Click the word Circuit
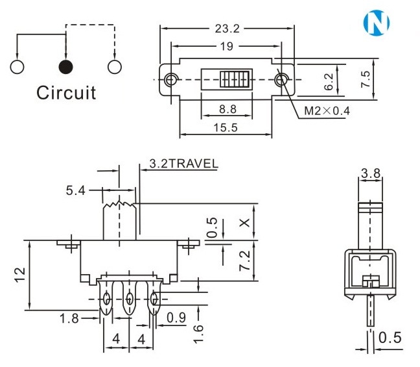click(x=66, y=92)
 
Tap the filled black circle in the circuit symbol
click(x=65, y=66)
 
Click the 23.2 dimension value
click(x=226, y=29)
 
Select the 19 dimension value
click(x=226, y=46)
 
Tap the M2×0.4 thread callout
click(x=327, y=110)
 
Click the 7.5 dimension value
click(x=366, y=79)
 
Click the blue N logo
click(x=378, y=23)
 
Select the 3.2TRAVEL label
click(x=183, y=163)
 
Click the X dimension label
click(x=244, y=222)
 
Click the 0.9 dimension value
click(x=177, y=318)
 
